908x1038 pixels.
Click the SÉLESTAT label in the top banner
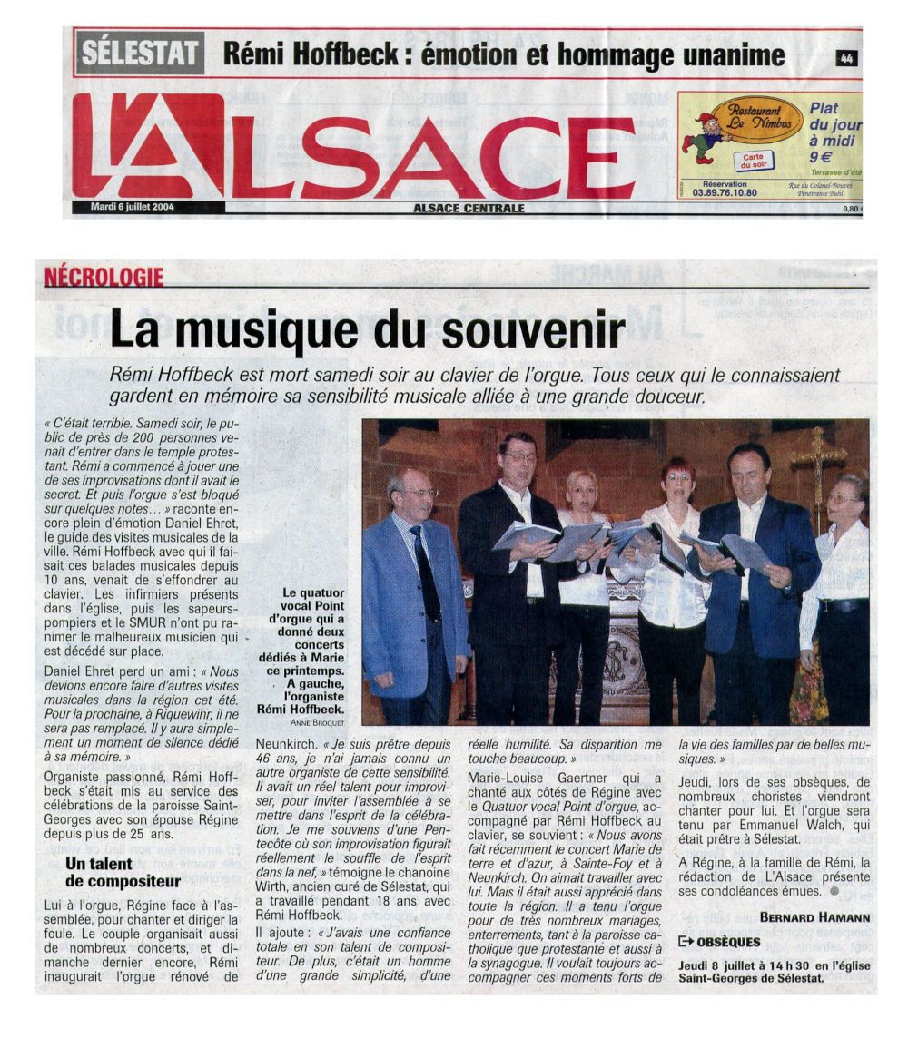click(140, 53)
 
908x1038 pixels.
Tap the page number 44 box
click(845, 58)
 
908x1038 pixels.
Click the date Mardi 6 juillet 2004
click(132, 207)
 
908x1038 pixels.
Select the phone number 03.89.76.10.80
click(724, 192)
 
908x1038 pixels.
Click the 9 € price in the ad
click(821, 156)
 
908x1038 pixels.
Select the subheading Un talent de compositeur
click(110, 873)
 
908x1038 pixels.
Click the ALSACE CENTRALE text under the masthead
click(469, 208)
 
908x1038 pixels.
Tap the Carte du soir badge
click(753, 161)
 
